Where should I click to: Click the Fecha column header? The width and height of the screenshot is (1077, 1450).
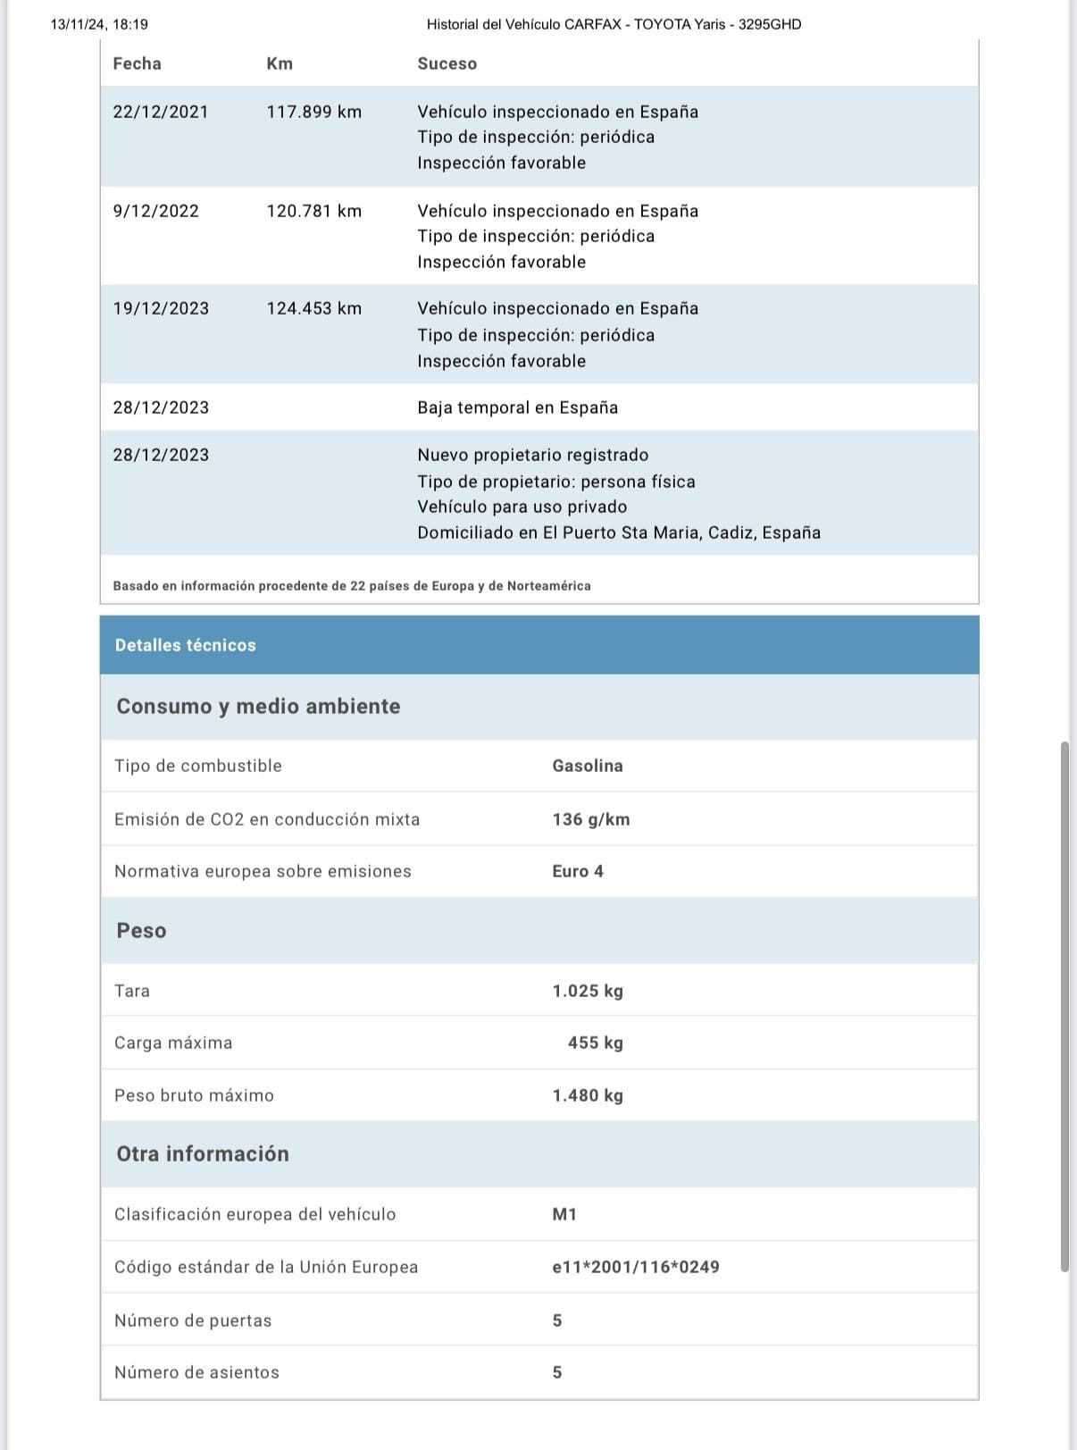pos(137,63)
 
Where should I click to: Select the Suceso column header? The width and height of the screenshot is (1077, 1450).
pos(447,63)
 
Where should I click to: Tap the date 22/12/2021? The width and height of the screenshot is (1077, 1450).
pos(161,112)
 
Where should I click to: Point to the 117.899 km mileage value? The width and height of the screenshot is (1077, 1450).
pos(313,112)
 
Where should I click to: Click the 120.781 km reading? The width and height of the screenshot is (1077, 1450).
pos(313,211)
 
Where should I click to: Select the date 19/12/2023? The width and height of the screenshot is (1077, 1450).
pos(161,308)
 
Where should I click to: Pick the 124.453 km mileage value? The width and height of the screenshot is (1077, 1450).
pos(313,308)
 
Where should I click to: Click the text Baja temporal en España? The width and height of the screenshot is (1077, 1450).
pos(517,407)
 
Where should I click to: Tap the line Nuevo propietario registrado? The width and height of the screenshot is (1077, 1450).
pos(532,455)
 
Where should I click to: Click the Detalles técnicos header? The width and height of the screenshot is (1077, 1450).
pos(185,645)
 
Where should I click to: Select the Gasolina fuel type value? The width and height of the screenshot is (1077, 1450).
pos(587,766)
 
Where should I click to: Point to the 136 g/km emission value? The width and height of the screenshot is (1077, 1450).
pos(590,819)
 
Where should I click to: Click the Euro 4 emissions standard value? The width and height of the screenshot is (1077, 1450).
pos(577,871)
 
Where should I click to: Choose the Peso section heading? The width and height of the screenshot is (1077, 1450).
pos(141,930)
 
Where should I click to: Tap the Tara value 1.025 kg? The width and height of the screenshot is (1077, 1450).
pos(587,991)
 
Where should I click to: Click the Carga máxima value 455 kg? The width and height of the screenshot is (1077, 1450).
pos(595,1043)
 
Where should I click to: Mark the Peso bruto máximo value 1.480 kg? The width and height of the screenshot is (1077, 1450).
pos(587,1095)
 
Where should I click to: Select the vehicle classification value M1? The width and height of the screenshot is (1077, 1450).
pos(564,1214)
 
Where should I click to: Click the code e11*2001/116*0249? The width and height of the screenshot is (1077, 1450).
pos(635,1267)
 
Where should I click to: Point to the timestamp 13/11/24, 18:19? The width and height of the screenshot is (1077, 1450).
pos(99,24)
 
